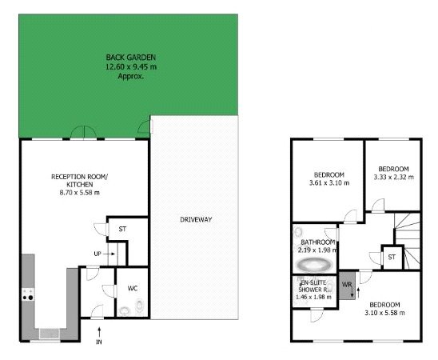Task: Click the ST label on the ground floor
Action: pos(122,230)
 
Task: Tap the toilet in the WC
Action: pos(140,305)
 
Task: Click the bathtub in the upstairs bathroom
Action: pos(313,264)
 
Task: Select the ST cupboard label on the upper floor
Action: pos(392,258)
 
